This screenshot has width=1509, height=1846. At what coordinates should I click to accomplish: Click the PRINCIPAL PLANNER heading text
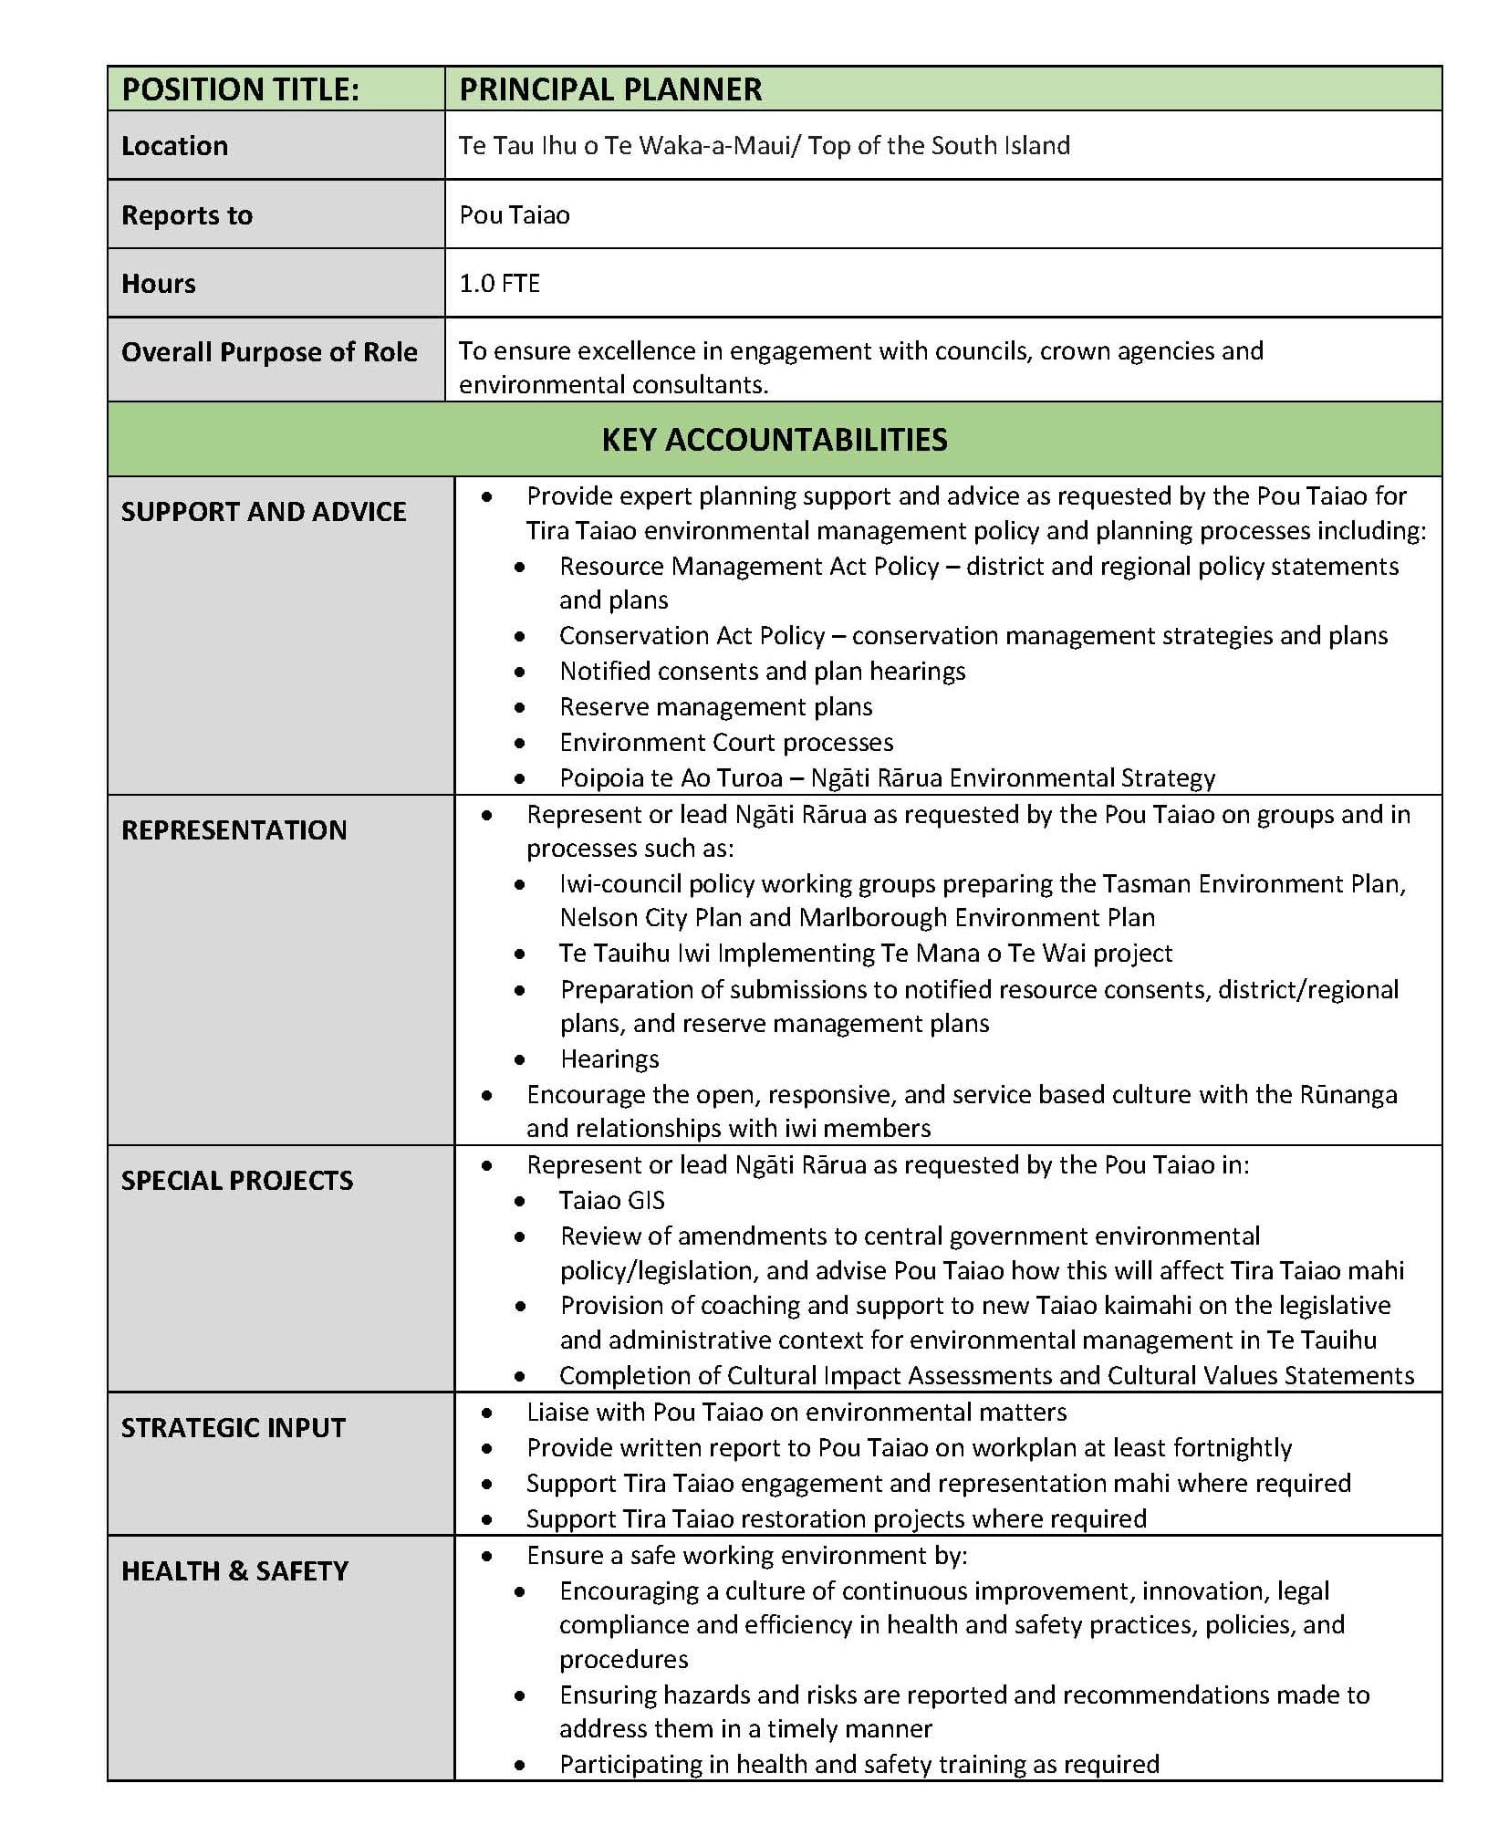click(x=609, y=89)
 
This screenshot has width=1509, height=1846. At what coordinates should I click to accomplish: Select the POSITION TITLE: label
click(x=240, y=89)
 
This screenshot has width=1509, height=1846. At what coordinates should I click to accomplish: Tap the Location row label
click(x=174, y=146)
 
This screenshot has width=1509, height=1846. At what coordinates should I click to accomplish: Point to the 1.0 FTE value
click(x=499, y=283)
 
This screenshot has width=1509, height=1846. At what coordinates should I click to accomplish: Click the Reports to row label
click(x=186, y=215)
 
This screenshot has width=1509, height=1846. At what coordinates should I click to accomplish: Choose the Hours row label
click(x=158, y=284)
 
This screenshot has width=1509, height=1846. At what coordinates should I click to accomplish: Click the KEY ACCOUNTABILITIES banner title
click(x=774, y=440)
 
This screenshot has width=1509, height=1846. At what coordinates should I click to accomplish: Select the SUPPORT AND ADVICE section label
click(x=264, y=512)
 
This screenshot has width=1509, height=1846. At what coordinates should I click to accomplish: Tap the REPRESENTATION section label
click(x=234, y=829)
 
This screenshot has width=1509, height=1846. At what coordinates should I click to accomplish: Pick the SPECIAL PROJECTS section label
click(x=236, y=1180)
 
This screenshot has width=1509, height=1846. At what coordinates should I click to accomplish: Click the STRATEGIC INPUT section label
click(x=233, y=1427)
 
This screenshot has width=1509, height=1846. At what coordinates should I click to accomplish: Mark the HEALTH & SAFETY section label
click(x=234, y=1570)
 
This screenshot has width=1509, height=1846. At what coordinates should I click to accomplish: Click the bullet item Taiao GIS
click(x=611, y=1200)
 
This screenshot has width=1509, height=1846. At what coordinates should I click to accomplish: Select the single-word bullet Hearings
click(x=609, y=1059)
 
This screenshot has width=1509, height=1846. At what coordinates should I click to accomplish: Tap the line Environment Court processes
click(x=726, y=742)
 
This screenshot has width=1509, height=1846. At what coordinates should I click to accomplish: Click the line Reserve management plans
click(x=715, y=706)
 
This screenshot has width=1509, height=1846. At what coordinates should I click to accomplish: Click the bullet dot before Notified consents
click(x=519, y=673)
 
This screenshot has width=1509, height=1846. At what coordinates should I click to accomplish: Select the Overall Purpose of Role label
click(x=269, y=352)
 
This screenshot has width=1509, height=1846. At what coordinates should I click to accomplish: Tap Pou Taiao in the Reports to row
click(x=514, y=215)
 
